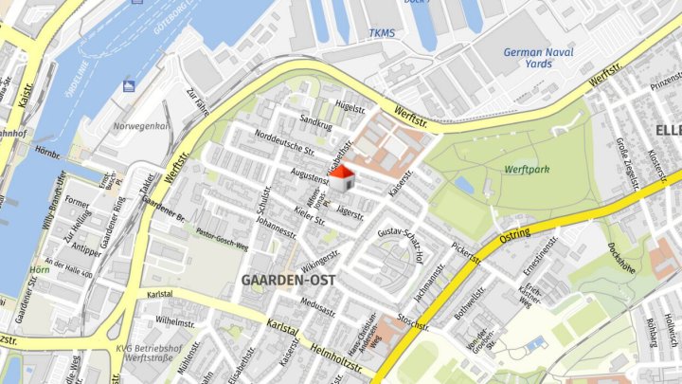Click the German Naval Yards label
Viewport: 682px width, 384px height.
pos(539,58)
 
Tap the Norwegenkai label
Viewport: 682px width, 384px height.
pos(141,125)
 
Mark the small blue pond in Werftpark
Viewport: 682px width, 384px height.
pos(464,185)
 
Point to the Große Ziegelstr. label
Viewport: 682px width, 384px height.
pos(628,157)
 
